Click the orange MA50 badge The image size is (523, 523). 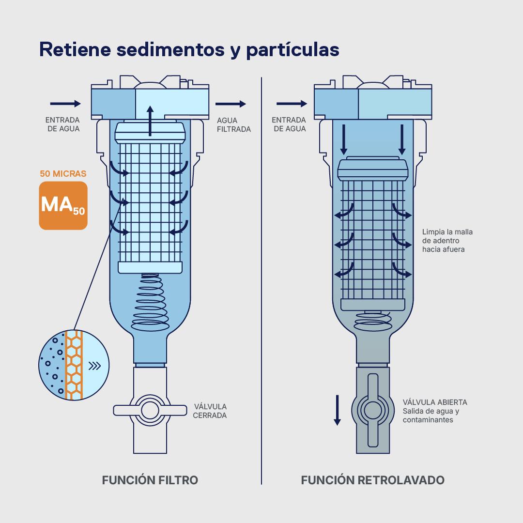63,205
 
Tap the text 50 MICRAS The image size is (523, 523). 63,173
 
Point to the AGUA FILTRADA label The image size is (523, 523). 233,125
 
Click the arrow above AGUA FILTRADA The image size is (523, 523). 231,104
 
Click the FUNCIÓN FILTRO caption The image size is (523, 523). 150,480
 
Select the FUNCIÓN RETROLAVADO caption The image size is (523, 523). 372,480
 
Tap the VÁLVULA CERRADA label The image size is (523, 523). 210,411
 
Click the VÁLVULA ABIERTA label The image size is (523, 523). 435,402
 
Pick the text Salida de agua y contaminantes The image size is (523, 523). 431,415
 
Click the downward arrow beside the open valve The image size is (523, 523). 338,410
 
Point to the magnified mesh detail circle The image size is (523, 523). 73,366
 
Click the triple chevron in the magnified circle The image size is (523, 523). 95,366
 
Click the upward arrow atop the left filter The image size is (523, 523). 150,120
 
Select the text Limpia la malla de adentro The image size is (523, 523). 447,236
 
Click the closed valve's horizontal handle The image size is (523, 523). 150,410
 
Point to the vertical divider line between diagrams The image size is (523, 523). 261,281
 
